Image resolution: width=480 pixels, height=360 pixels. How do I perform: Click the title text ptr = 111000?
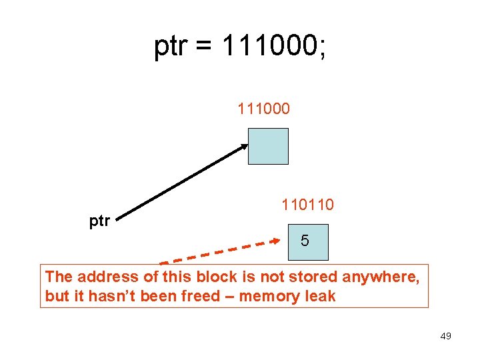240,47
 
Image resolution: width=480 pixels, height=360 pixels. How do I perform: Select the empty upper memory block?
268,146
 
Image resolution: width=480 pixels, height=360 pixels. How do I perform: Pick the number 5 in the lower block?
305,241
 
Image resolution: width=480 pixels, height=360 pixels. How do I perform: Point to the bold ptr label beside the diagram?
99,221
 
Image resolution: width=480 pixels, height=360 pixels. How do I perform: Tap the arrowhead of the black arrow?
242,147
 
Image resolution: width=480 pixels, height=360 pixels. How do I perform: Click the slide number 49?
445,336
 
